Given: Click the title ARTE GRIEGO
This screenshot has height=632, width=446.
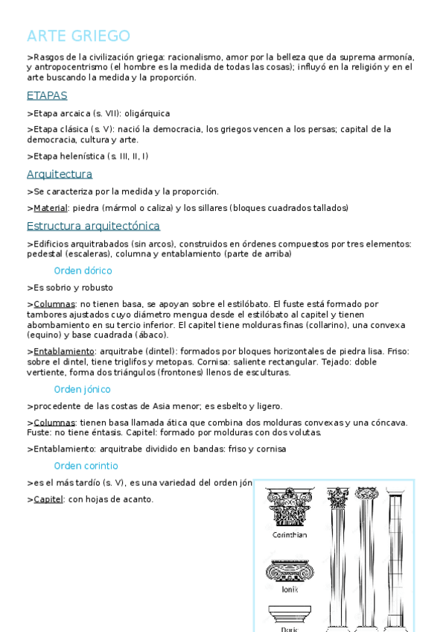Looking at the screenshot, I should [x=78, y=36].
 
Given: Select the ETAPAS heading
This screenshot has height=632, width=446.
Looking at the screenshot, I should [x=47, y=95].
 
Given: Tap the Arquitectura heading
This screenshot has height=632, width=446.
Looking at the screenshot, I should [x=60, y=174].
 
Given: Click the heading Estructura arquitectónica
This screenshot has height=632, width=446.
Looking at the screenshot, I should [x=93, y=226].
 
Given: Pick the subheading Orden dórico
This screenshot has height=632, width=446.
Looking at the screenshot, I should [x=83, y=271].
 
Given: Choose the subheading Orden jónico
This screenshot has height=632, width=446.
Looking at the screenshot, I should [x=82, y=389].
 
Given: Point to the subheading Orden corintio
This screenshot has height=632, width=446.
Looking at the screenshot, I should [x=86, y=466].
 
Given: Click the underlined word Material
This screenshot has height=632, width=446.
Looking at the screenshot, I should [x=51, y=208].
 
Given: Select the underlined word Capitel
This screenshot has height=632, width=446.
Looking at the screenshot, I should [x=48, y=499].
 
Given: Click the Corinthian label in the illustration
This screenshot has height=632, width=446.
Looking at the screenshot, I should [x=290, y=535].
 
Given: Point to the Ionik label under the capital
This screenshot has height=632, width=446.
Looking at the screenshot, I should [x=290, y=589].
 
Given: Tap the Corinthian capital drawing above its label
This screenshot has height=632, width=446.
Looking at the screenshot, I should [x=290, y=507].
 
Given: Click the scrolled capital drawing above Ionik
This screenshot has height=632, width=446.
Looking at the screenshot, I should [x=290, y=571].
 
